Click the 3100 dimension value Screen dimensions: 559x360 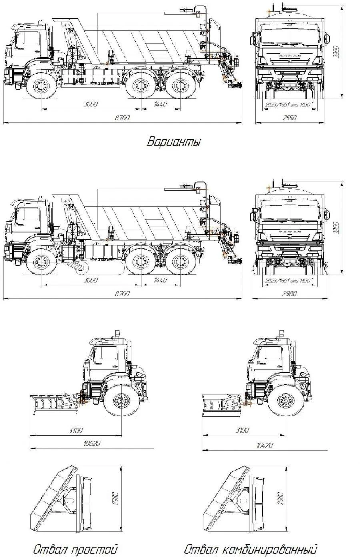coord(242,430)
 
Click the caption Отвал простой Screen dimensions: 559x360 coord(75,549)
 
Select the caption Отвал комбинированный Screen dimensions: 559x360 coord(251,549)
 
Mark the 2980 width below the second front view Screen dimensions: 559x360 coord(290,294)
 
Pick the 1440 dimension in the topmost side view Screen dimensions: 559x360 coord(160,104)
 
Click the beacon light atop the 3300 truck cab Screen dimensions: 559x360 coord(118,333)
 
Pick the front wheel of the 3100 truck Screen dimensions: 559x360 coord(285,399)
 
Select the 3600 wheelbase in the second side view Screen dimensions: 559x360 coord(91,280)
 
